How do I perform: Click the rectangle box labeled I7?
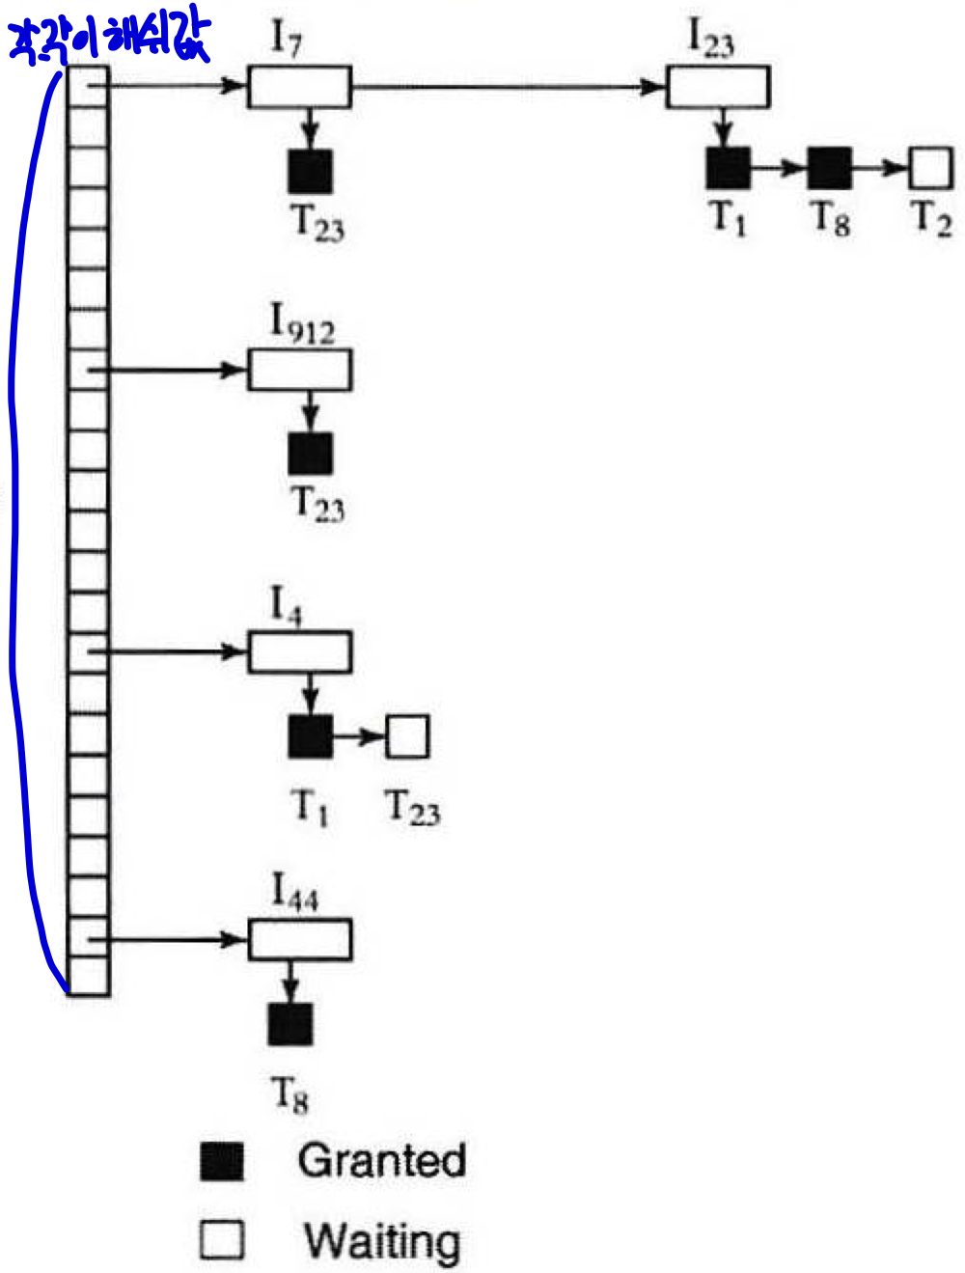tap(299, 87)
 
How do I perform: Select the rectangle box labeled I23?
tap(717, 87)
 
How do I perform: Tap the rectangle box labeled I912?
tap(299, 371)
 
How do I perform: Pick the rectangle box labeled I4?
tap(299, 652)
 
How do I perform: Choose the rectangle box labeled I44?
tap(299, 940)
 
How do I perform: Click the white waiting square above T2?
tap(931, 168)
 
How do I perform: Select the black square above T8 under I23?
tap(829, 168)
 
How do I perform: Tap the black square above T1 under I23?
tap(728, 168)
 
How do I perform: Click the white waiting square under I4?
tap(407, 737)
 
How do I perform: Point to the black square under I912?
tap(310, 454)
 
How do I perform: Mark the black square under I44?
tap(289, 1025)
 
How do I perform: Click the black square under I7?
tap(310, 171)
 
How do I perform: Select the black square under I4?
tap(310, 737)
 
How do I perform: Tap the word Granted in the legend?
tap(382, 1160)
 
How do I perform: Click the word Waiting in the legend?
tap(382, 1241)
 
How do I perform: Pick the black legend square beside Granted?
tap(222, 1161)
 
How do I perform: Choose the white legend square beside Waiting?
tap(222, 1240)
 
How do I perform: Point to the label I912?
tap(301, 324)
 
